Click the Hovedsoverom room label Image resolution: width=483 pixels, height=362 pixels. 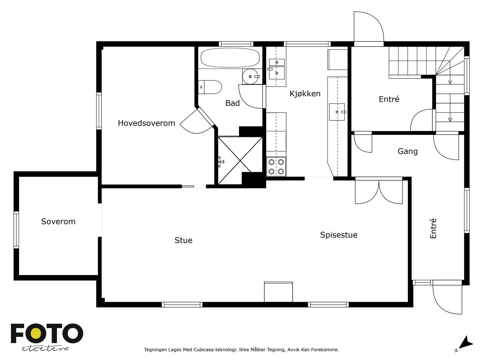146,123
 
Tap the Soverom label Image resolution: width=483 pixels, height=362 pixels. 58,221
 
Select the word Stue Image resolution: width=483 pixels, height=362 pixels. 183,240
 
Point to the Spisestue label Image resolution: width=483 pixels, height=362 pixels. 338,235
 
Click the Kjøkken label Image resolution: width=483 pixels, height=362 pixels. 305,94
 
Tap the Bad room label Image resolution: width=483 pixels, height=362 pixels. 232,103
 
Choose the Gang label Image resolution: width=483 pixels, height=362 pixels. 408,151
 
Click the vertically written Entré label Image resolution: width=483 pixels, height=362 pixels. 433,228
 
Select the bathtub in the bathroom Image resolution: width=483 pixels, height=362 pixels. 230,58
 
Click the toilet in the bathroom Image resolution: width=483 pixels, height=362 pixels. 210,87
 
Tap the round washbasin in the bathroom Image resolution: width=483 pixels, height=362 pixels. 251,77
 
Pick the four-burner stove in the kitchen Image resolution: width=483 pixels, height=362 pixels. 276,167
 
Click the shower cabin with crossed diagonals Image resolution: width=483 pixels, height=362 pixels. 240,160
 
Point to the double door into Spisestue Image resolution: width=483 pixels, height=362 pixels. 379,192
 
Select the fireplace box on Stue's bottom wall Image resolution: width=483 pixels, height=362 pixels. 278,292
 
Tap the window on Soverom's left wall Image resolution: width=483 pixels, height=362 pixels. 16,230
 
